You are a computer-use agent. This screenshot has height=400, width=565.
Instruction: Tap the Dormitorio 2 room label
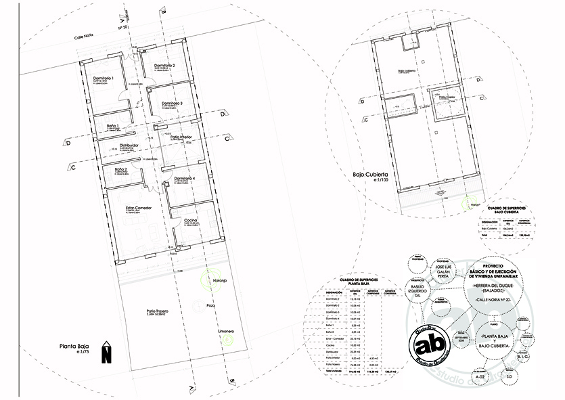point(163,65)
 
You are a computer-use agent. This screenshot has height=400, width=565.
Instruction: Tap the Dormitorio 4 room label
point(183,178)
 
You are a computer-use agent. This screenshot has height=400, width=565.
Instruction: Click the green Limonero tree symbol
point(229,340)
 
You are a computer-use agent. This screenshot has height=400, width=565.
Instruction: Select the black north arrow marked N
point(106,353)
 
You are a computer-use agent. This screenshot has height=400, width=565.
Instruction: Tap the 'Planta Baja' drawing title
point(74,346)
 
